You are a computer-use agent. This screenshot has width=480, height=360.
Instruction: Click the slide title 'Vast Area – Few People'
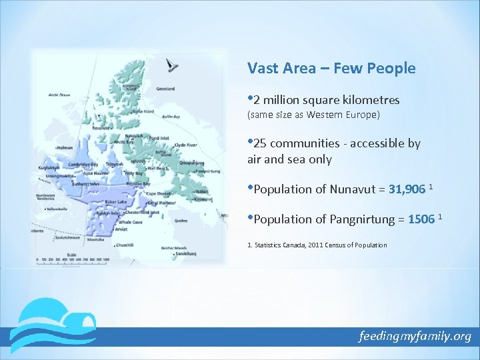coord(331,68)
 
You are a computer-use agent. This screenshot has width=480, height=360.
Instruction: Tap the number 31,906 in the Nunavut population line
coord(406,189)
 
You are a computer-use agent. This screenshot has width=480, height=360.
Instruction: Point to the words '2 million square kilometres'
coord(327,101)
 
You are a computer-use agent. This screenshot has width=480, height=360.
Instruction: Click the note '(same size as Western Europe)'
coord(313,115)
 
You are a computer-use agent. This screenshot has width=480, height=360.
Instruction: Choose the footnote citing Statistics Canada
coord(317,245)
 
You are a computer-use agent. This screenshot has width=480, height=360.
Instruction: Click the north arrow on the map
coord(171,65)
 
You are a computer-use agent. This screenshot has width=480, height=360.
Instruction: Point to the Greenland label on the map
coord(165,89)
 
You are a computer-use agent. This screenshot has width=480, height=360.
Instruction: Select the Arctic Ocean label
coord(59,95)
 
